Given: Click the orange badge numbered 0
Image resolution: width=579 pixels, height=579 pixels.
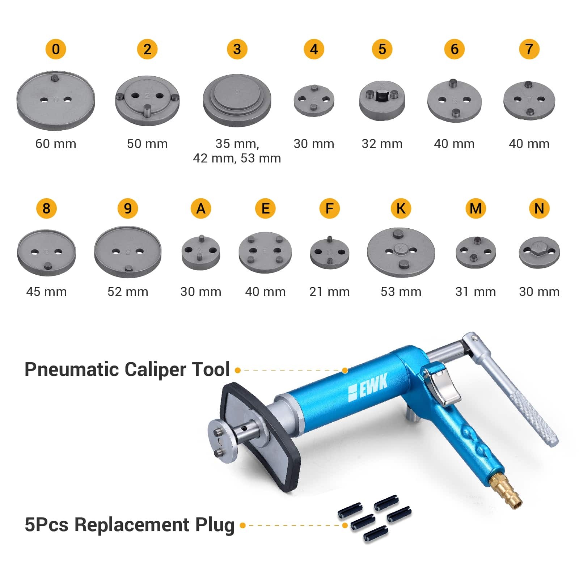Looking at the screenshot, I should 56,49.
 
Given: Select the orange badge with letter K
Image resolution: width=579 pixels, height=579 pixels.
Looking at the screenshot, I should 401,208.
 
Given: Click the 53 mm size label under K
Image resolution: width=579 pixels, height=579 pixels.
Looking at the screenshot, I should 401,292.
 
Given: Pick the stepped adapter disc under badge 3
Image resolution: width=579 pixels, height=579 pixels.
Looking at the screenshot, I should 237,100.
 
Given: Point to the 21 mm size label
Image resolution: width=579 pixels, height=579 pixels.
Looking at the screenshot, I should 329,292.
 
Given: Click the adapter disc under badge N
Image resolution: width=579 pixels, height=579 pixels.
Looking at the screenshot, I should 539,252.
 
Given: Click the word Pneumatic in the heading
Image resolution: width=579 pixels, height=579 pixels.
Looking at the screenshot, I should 71,370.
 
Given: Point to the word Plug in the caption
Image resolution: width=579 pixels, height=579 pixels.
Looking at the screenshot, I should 215,525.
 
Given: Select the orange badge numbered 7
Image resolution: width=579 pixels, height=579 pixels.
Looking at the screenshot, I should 529,49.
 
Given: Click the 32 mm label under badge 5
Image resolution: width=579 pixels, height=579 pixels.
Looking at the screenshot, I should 382,144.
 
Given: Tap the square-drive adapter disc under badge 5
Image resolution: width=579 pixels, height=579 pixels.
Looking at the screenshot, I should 382,100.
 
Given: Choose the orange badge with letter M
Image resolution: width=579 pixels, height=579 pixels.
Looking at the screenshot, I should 475,208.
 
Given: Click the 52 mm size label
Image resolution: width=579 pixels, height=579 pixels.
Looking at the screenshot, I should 128,292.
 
